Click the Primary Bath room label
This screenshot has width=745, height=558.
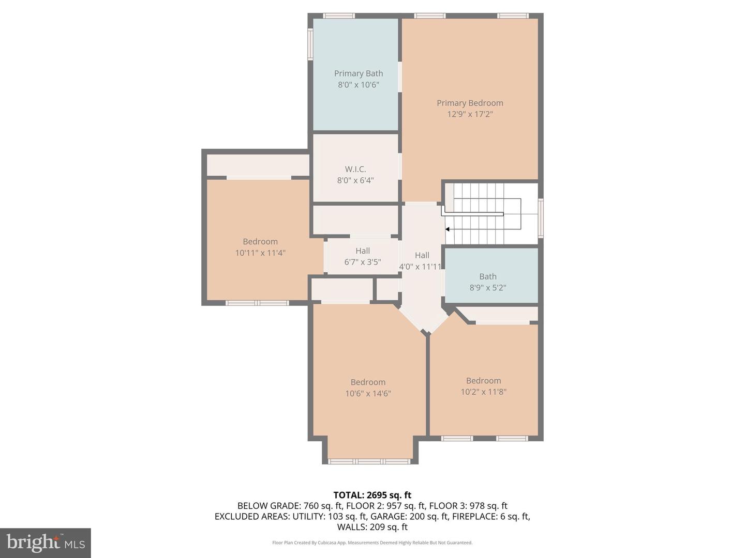pyautogui.click(x=358, y=73)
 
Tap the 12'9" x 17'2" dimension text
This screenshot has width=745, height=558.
pyautogui.click(x=470, y=114)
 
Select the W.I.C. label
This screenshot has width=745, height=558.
pyautogui.click(x=355, y=169)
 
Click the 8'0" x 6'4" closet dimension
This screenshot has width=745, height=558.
pyautogui.click(x=355, y=180)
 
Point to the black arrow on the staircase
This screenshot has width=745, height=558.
pyautogui.click(x=448, y=229)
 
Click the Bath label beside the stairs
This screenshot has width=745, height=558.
pyautogui.click(x=487, y=276)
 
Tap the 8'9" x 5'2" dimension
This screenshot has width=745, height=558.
pyautogui.click(x=487, y=288)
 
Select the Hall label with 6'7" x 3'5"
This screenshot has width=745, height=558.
pyautogui.click(x=362, y=251)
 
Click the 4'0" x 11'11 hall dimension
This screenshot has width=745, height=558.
pyautogui.click(x=420, y=267)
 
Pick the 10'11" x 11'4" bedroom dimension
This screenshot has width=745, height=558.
pyautogui.click(x=260, y=253)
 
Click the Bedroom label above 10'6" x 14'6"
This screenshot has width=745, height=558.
pyautogui.click(x=368, y=382)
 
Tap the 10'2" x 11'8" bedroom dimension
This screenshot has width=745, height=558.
pyautogui.click(x=483, y=392)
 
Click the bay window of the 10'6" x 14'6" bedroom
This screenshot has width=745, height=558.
pyautogui.click(x=369, y=461)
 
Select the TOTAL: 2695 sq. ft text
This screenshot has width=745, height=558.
pyautogui.click(x=372, y=495)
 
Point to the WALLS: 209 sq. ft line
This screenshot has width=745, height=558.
pyautogui.click(x=372, y=527)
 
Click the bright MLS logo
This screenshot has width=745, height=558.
pyautogui.click(x=46, y=542)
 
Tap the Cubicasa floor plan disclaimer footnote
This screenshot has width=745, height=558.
pyautogui.click(x=372, y=542)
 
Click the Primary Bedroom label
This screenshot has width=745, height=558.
pyautogui.click(x=470, y=103)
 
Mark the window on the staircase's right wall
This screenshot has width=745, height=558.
pyautogui.click(x=541, y=218)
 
